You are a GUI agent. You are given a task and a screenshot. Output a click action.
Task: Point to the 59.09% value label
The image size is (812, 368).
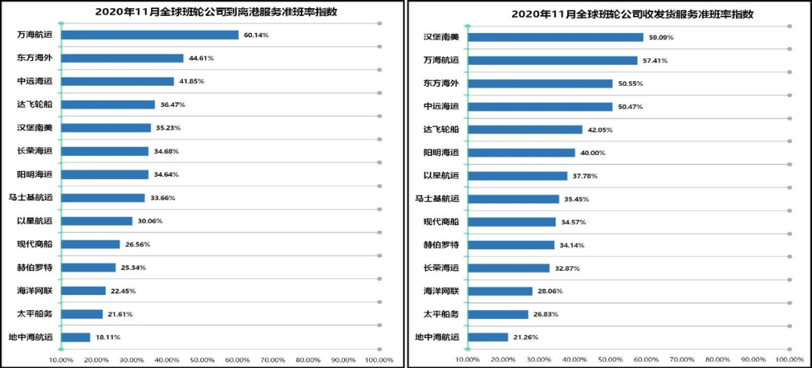tap(661, 37)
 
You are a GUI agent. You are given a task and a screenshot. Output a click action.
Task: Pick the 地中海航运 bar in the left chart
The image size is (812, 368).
tap(75, 337)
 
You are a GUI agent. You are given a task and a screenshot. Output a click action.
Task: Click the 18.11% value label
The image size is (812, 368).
tap(108, 337)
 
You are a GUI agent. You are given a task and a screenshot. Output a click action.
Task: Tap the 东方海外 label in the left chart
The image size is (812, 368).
tap(35, 58)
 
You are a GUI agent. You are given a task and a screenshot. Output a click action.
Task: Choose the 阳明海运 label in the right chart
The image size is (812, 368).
tap(441, 153)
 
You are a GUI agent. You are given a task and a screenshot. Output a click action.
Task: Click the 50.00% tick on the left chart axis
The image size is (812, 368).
tap(203, 360)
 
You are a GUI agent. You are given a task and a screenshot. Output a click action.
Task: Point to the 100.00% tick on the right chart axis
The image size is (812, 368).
tap(788, 360)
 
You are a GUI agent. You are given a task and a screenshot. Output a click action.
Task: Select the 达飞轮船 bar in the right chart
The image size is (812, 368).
tap(525, 129)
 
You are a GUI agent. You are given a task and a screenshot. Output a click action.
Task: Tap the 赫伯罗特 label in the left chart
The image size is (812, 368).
tap(35, 267)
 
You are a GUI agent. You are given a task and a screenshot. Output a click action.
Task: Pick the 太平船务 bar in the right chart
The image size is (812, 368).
tap(498, 315)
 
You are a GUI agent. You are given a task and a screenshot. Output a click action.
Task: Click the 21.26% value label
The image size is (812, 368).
tap(526, 337)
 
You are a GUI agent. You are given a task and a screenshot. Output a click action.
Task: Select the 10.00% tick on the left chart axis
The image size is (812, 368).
tap(61, 360)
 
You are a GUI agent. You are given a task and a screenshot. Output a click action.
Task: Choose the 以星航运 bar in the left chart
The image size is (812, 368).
tap(96, 221)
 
